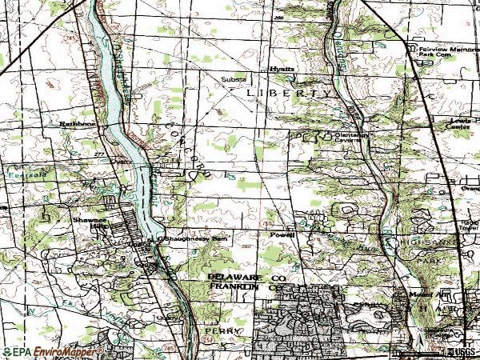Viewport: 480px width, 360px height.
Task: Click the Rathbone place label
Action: pos(78,124)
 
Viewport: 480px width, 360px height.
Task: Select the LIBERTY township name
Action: pos(288,93)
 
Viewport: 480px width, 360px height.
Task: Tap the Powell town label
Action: pos(282,235)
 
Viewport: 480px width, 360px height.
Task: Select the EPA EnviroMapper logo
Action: pos(52,351)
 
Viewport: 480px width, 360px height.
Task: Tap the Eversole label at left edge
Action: pos(11,170)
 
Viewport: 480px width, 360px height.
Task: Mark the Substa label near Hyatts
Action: pos(234,78)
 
